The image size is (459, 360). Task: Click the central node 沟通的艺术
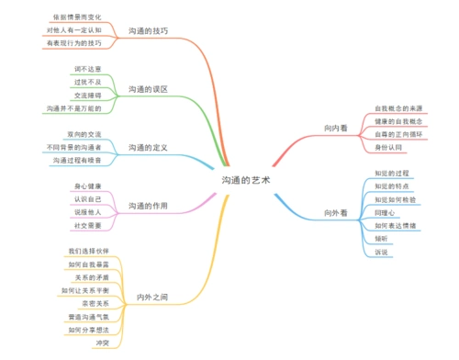(245, 181)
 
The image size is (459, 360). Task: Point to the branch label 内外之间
(151, 297)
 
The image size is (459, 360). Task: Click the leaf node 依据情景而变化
(84, 17)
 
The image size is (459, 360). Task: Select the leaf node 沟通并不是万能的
(73, 108)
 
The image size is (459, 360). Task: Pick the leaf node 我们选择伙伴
(88, 251)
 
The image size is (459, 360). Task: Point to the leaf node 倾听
(380, 238)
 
